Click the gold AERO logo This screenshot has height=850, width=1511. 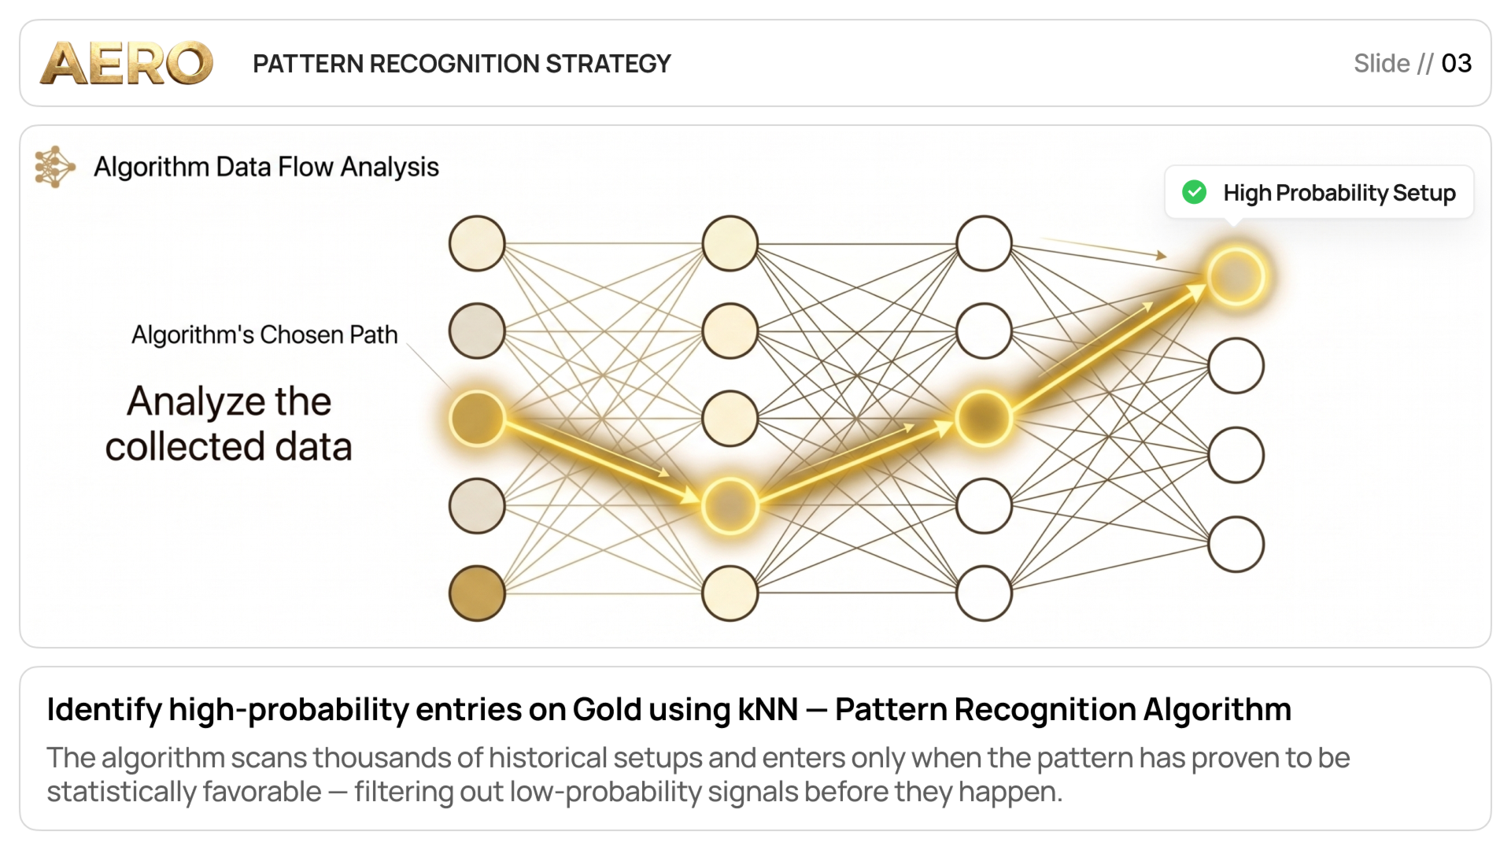127,63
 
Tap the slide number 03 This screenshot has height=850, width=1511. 1456,63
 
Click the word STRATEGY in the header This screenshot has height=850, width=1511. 608,64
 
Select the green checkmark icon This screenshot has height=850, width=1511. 1194,192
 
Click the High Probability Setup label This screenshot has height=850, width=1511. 1339,193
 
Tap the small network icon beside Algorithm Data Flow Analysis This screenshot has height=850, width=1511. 55,167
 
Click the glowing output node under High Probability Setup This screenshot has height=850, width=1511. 1236,276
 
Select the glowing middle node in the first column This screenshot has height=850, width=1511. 477,418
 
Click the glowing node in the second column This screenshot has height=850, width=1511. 730,505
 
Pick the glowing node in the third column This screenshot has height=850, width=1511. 983,418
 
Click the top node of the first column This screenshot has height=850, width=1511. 477,243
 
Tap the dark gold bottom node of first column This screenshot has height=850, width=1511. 477,593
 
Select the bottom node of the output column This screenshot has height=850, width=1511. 1236,544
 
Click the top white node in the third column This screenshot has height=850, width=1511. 983,243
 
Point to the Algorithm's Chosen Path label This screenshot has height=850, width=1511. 264,334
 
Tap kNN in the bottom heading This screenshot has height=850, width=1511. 768,709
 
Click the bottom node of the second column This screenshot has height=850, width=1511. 730,593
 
